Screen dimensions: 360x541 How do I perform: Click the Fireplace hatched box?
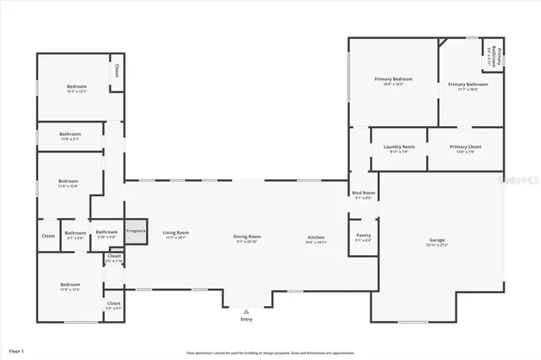pos(135,232)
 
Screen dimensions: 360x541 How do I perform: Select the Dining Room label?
pos(247,237)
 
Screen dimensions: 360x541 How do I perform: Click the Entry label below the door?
pos(246,319)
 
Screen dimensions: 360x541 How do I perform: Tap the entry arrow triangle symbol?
pos(246,310)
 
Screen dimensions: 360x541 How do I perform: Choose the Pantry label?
pos(363,236)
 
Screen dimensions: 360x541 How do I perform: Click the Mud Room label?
pos(363,194)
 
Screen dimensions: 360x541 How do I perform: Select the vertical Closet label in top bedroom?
pos(116,71)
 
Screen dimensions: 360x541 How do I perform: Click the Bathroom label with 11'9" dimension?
pos(70,134)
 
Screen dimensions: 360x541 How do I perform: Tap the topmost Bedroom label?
pos(77,86)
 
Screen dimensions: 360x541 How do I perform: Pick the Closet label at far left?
pos(48,236)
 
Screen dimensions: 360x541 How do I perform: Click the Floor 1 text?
pos(17,350)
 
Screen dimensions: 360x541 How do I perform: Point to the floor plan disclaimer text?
pos(270,352)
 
